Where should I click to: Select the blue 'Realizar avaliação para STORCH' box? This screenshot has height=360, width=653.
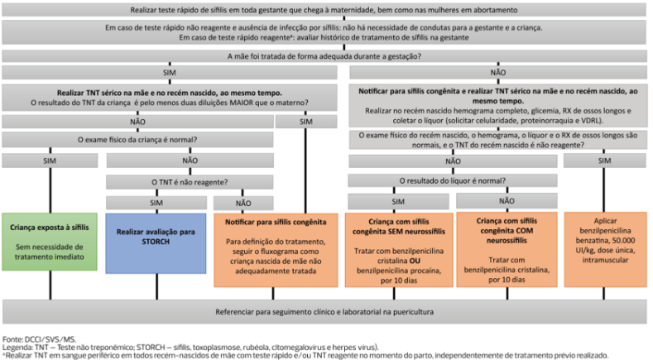point(156,242)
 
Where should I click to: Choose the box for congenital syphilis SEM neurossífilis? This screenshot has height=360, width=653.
point(400,248)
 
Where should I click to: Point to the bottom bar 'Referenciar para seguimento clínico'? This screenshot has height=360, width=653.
point(326,312)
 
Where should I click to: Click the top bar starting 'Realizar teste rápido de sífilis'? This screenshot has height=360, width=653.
point(326,10)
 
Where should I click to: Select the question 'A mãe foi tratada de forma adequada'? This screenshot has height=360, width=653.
point(326,55)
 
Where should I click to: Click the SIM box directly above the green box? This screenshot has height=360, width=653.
point(51,160)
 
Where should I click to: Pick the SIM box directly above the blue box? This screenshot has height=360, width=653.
point(156,202)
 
